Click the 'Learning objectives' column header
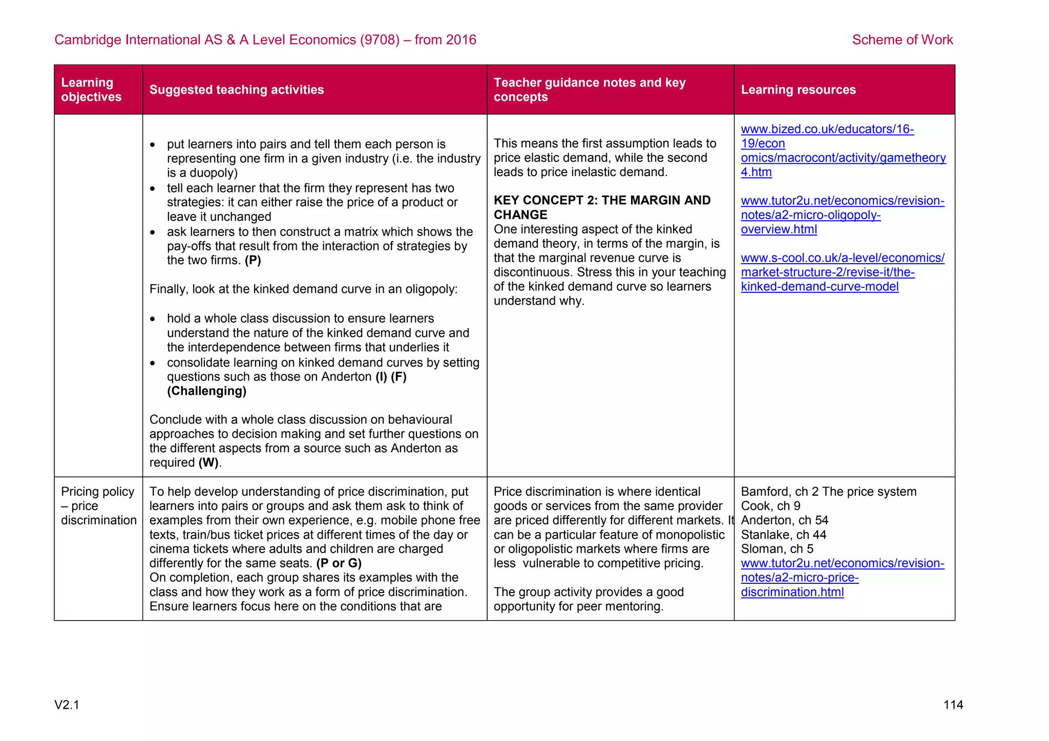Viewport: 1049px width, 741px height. click(x=91, y=90)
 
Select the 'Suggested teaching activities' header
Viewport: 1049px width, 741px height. click(x=237, y=90)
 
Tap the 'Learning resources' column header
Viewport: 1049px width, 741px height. click(x=798, y=90)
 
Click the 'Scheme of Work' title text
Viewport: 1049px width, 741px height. click(x=902, y=39)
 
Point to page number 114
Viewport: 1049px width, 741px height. click(x=953, y=705)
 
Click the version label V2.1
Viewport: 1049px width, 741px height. click(x=67, y=705)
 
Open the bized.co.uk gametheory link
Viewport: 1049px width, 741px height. click(x=843, y=151)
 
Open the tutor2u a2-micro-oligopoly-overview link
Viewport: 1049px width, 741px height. click(x=842, y=215)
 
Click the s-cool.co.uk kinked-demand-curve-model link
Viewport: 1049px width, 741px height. click(x=842, y=272)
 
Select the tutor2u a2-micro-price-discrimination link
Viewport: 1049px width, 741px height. click(x=842, y=578)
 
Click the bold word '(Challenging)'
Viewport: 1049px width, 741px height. click(x=206, y=391)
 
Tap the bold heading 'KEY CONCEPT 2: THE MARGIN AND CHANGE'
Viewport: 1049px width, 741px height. click(x=601, y=207)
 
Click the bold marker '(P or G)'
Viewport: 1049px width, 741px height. click(x=339, y=563)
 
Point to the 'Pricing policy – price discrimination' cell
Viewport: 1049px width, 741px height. click(x=98, y=506)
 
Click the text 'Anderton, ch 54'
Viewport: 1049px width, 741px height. click(x=784, y=520)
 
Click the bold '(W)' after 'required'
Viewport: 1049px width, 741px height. click(x=208, y=463)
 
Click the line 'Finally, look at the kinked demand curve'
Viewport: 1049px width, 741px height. click(x=303, y=289)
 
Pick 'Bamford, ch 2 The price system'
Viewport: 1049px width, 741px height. click(x=828, y=492)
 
